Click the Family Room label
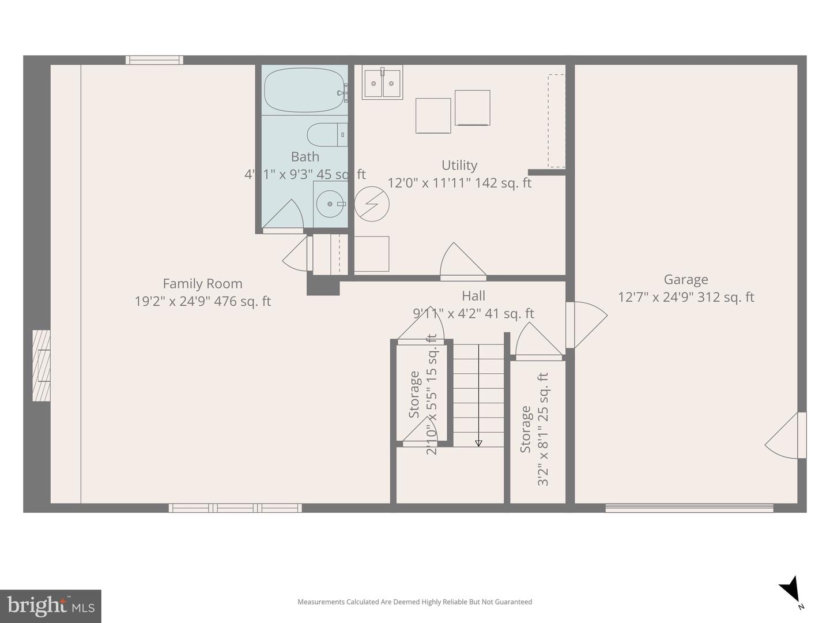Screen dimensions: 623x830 tap(202, 283)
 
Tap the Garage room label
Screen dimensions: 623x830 tap(686, 280)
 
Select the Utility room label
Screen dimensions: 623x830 tap(459, 166)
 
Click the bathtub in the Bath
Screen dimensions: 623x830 tap(305, 91)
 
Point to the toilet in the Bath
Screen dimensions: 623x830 tap(326, 135)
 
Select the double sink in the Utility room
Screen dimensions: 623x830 tap(382, 83)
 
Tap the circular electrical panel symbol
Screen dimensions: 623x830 tap(372, 204)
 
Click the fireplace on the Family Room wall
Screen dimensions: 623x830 tap(41, 366)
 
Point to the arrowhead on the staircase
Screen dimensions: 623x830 tap(478, 443)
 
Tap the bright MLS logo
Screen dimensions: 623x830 tap(50, 606)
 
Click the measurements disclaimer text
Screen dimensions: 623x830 tap(414, 602)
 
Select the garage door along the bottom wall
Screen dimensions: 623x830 tap(689, 508)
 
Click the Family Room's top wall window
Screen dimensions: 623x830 tap(154, 60)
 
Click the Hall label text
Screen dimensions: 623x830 tap(473, 296)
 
